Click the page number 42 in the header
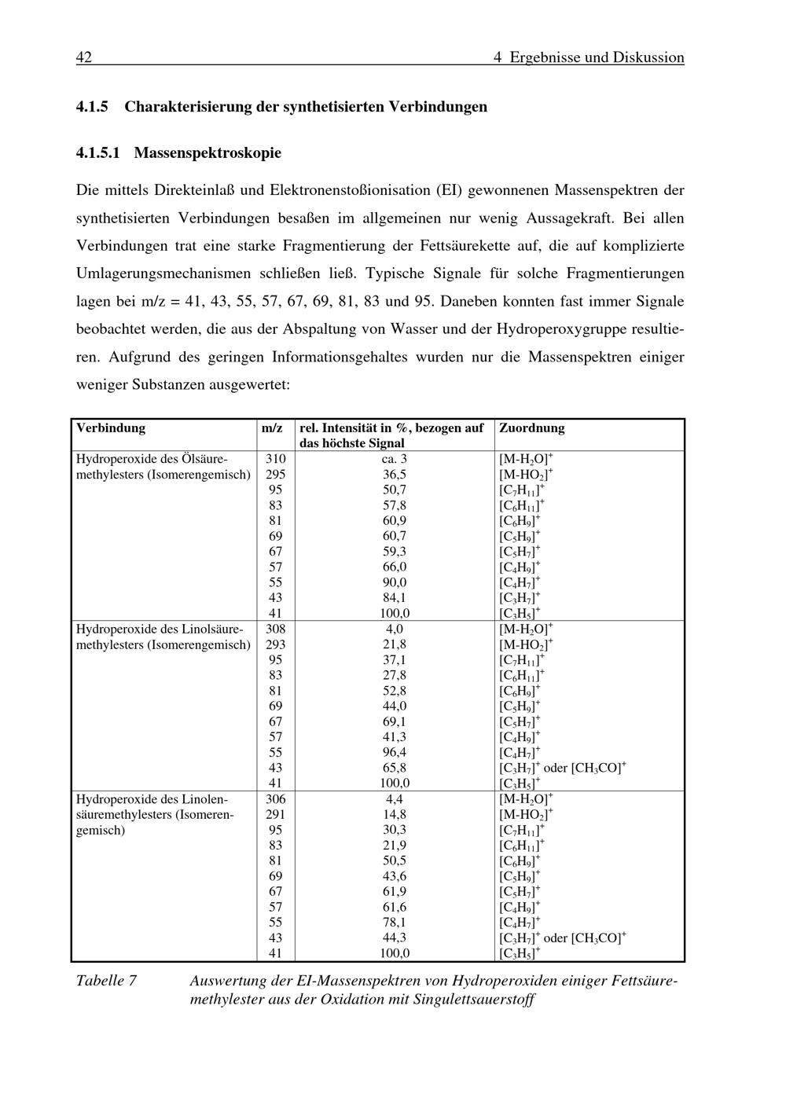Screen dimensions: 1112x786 coord(84,57)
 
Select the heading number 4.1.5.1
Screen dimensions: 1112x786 coord(98,152)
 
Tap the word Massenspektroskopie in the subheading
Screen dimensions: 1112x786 coord(208,152)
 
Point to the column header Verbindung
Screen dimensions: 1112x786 coord(111,428)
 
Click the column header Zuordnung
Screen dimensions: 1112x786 coord(532,428)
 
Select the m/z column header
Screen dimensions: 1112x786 coord(272,428)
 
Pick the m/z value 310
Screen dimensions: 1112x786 coord(276,459)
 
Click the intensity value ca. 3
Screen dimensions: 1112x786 coord(395,459)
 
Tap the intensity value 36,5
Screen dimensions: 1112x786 coord(395,475)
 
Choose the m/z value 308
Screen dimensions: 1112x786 coord(276,629)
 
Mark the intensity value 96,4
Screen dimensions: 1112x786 coord(395,752)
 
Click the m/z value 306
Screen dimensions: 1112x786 coord(276,798)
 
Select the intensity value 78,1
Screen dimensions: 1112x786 coord(395,922)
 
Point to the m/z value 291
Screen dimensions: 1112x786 coord(276,814)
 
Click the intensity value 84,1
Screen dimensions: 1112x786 coord(395,598)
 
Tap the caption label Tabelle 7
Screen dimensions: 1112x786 coord(106,981)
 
